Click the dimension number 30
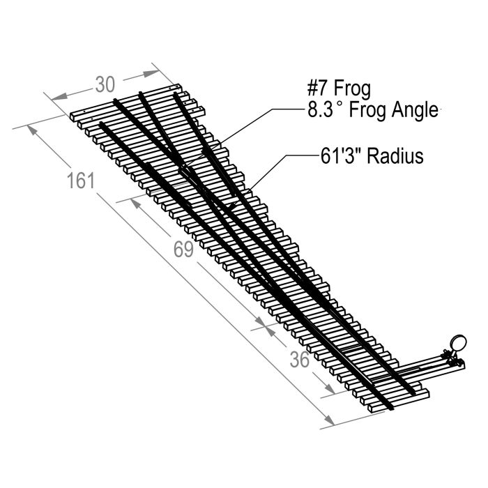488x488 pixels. pos(105,84)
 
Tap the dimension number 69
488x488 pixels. pos(183,249)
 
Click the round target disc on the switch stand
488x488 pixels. pos(458,342)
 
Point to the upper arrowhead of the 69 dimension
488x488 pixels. pos(135,203)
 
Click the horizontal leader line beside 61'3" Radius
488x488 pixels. pos(296,156)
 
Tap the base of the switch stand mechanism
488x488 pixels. pos(453,363)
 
